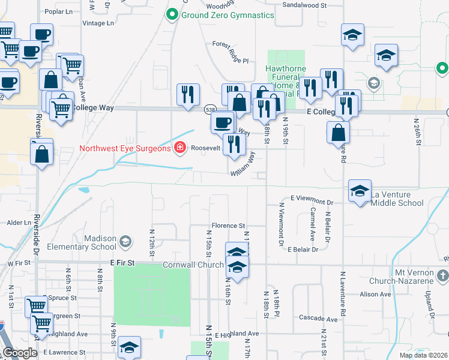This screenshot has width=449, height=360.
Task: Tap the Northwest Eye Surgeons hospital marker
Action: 179,148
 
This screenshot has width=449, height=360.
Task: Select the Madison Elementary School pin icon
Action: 125,241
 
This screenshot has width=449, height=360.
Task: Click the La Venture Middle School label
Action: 397,199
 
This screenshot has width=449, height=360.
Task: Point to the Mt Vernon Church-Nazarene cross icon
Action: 443,275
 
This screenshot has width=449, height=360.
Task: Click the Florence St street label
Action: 228,226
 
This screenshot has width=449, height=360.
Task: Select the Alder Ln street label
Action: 18,223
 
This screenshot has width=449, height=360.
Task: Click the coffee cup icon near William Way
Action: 223,122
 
